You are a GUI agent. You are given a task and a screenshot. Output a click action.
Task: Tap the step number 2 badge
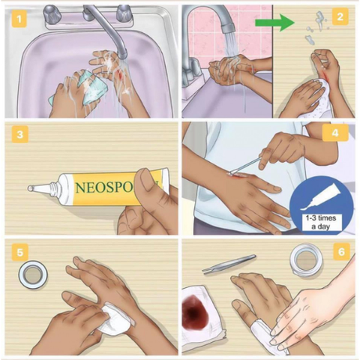pos(340,17)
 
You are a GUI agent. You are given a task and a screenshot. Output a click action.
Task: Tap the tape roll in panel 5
pos(32,275)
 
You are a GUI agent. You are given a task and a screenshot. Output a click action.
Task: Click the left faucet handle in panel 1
pos(52,13)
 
